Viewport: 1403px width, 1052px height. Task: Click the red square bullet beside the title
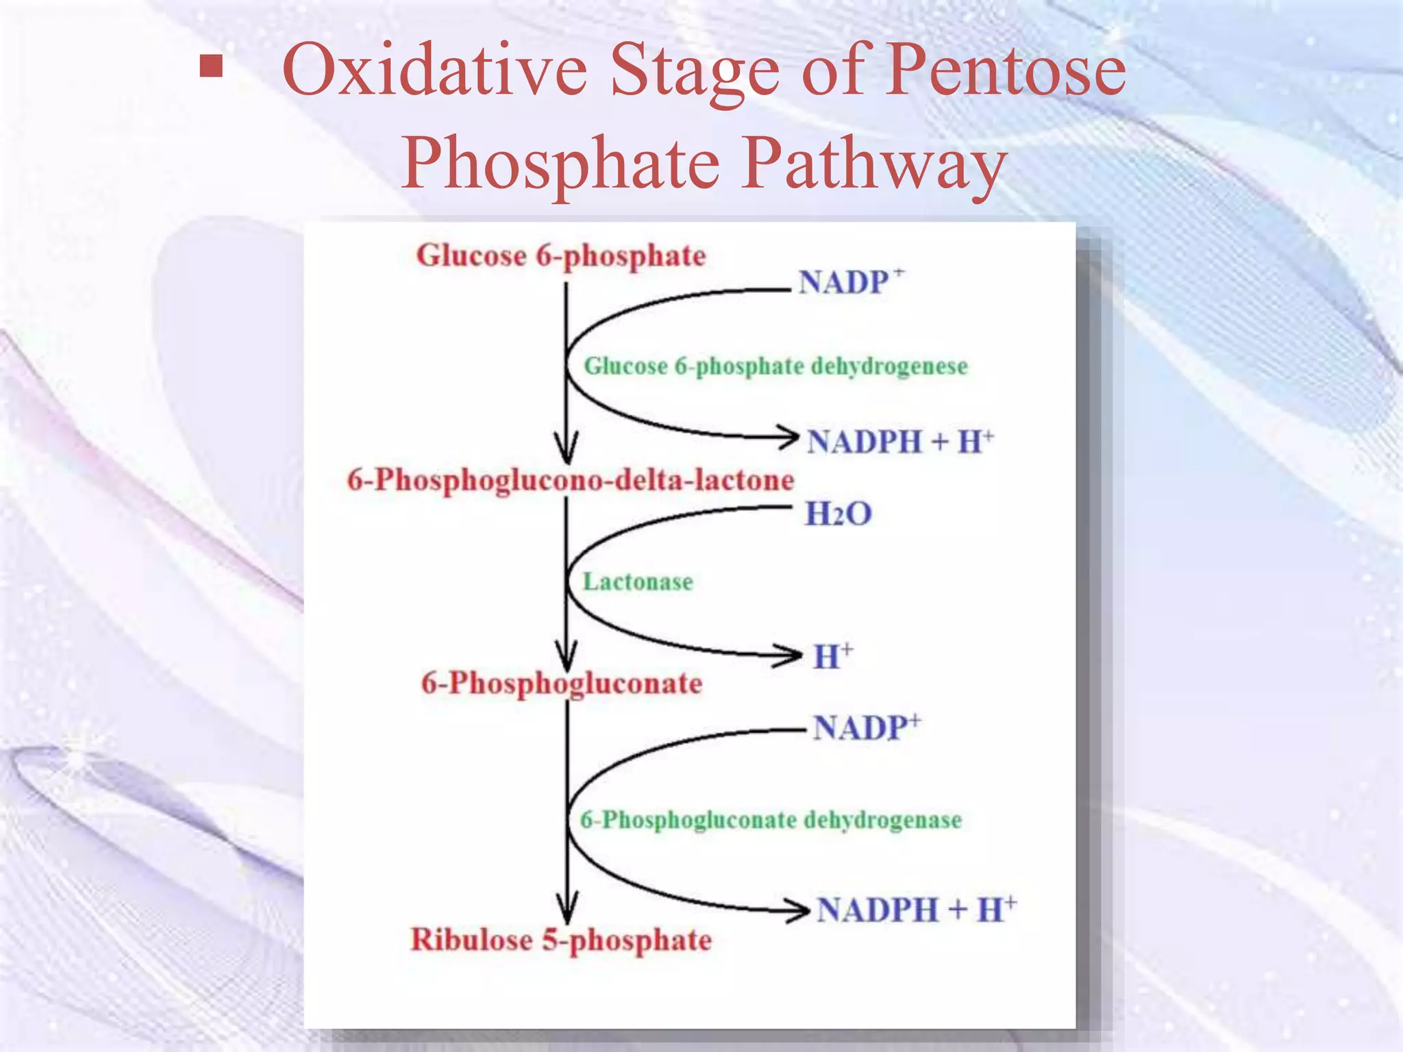[211, 67]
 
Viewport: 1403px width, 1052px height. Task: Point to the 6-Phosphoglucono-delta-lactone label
[570, 480]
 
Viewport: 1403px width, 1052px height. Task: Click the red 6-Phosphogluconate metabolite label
[562, 684]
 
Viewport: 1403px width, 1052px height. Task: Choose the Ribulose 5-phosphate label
[560, 940]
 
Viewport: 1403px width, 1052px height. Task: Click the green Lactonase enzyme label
[638, 582]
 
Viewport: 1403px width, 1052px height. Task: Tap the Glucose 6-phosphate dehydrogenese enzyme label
[775, 366]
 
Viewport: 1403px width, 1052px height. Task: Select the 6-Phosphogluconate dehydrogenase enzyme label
[771, 820]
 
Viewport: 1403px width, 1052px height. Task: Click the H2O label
[838, 514]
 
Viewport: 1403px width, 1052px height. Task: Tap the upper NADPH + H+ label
[899, 442]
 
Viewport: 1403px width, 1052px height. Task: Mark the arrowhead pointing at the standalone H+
[790, 655]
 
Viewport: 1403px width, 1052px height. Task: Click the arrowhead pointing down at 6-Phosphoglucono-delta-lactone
[567, 451]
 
